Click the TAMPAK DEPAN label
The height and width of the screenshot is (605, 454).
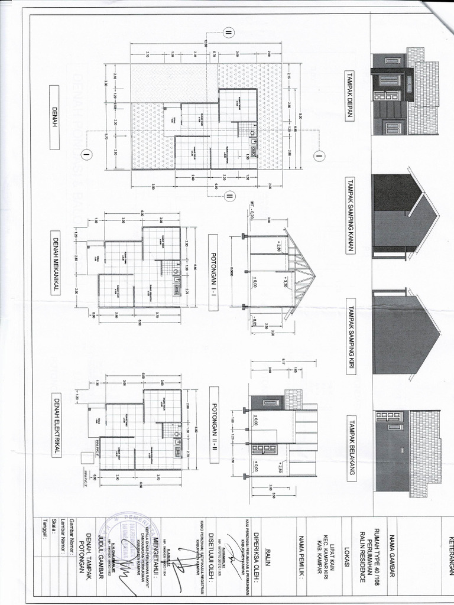[350, 96]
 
